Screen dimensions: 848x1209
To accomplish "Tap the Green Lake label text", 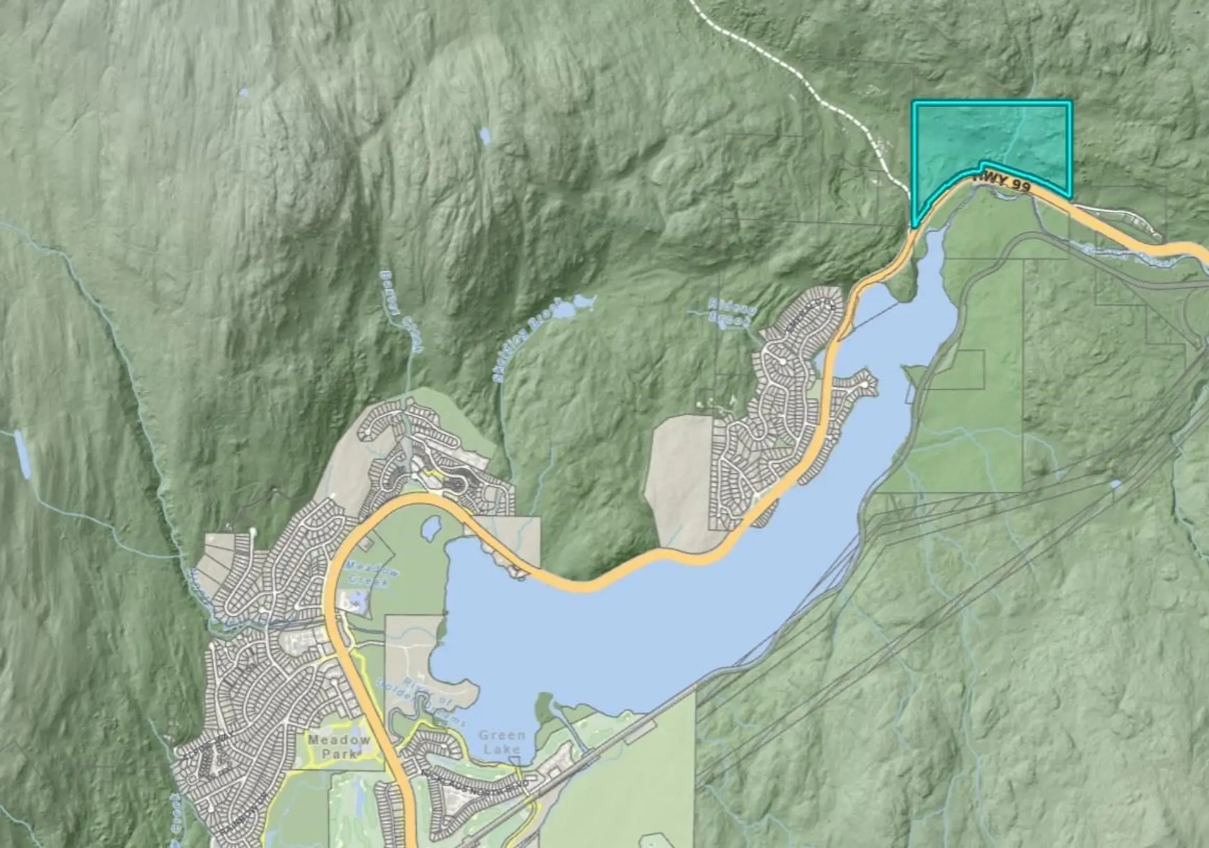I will [501, 742].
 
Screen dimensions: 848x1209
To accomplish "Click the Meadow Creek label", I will [372, 573].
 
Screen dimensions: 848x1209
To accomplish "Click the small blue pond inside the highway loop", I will [432, 528].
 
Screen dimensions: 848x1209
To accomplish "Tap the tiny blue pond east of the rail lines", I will [1115, 484].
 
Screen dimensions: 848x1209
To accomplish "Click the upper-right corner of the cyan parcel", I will [1070, 103].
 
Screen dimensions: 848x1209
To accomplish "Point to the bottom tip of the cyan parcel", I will [914, 226].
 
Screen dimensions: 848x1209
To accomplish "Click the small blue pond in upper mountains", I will [484, 135].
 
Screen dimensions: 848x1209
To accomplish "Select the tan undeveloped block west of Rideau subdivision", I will [677, 479].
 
